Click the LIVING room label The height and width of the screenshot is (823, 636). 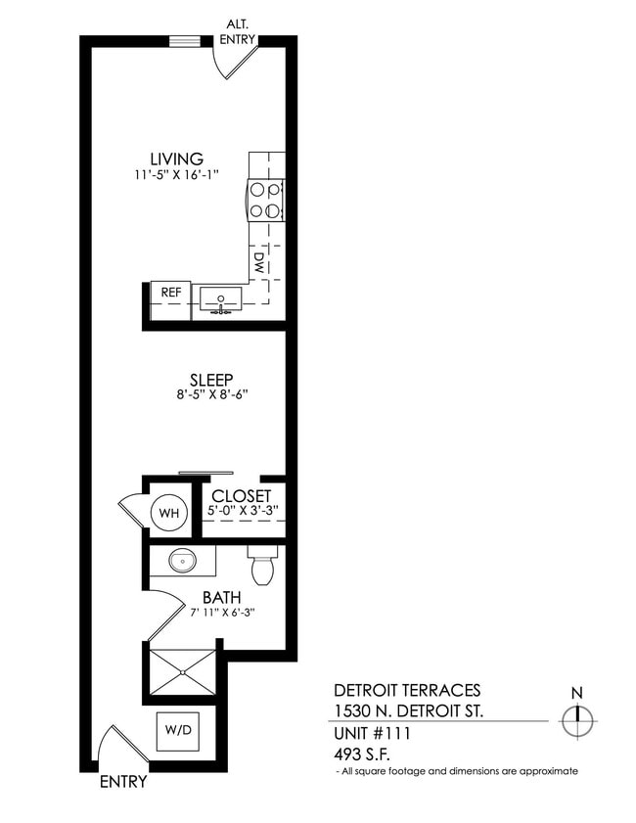pyautogui.click(x=176, y=159)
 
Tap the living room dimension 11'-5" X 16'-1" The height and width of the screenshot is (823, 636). pyautogui.click(x=176, y=175)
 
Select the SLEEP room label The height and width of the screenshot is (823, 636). pyautogui.click(x=210, y=380)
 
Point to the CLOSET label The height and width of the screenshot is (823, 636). pyautogui.click(x=241, y=496)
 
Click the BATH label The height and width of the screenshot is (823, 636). pyautogui.click(x=222, y=597)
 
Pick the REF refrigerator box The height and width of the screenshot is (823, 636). pyautogui.click(x=169, y=293)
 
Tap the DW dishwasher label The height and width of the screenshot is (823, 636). pyautogui.click(x=259, y=261)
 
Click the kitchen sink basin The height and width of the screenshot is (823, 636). pyautogui.click(x=223, y=297)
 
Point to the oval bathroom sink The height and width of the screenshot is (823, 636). pyautogui.click(x=181, y=562)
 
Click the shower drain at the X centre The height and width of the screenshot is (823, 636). pyautogui.click(x=182, y=671)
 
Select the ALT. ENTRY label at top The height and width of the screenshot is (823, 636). pyautogui.click(x=240, y=32)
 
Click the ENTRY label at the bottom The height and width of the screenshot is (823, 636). pyautogui.click(x=123, y=782)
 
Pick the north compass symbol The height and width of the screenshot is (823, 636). pyautogui.click(x=577, y=722)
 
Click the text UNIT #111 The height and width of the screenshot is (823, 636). pyautogui.click(x=373, y=733)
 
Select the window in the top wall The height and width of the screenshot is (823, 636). pyautogui.click(x=184, y=41)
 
